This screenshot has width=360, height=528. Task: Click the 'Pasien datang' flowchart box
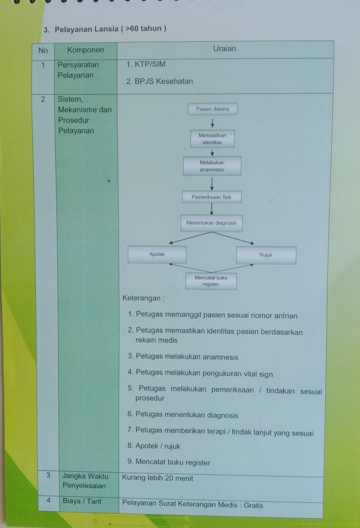(212, 109)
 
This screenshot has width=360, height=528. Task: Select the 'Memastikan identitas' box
(212, 138)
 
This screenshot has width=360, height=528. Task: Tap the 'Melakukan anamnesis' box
(212, 166)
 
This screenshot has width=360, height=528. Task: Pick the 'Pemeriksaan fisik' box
(211, 197)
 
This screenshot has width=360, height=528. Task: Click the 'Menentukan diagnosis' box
(211, 223)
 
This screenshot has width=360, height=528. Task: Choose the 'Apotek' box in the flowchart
(157, 254)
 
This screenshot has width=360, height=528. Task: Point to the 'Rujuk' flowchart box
(266, 255)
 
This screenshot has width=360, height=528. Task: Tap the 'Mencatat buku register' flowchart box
(211, 281)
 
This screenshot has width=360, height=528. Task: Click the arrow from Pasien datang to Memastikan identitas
(212, 123)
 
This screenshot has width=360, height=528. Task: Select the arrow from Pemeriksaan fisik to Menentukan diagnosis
(211, 209)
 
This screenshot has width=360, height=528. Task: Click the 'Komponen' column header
(85, 50)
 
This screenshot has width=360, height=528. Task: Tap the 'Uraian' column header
(225, 49)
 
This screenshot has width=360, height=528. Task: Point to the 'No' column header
(43, 50)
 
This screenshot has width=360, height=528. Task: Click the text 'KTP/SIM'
(150, 64)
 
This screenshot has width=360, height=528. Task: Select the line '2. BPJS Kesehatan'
(159, 81)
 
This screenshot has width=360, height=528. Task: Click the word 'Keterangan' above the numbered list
(141, 298)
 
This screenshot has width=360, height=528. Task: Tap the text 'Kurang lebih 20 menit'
(158, 478)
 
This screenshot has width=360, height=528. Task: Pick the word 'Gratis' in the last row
(253, 505)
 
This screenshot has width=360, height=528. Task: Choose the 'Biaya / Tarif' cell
(82, 501)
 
